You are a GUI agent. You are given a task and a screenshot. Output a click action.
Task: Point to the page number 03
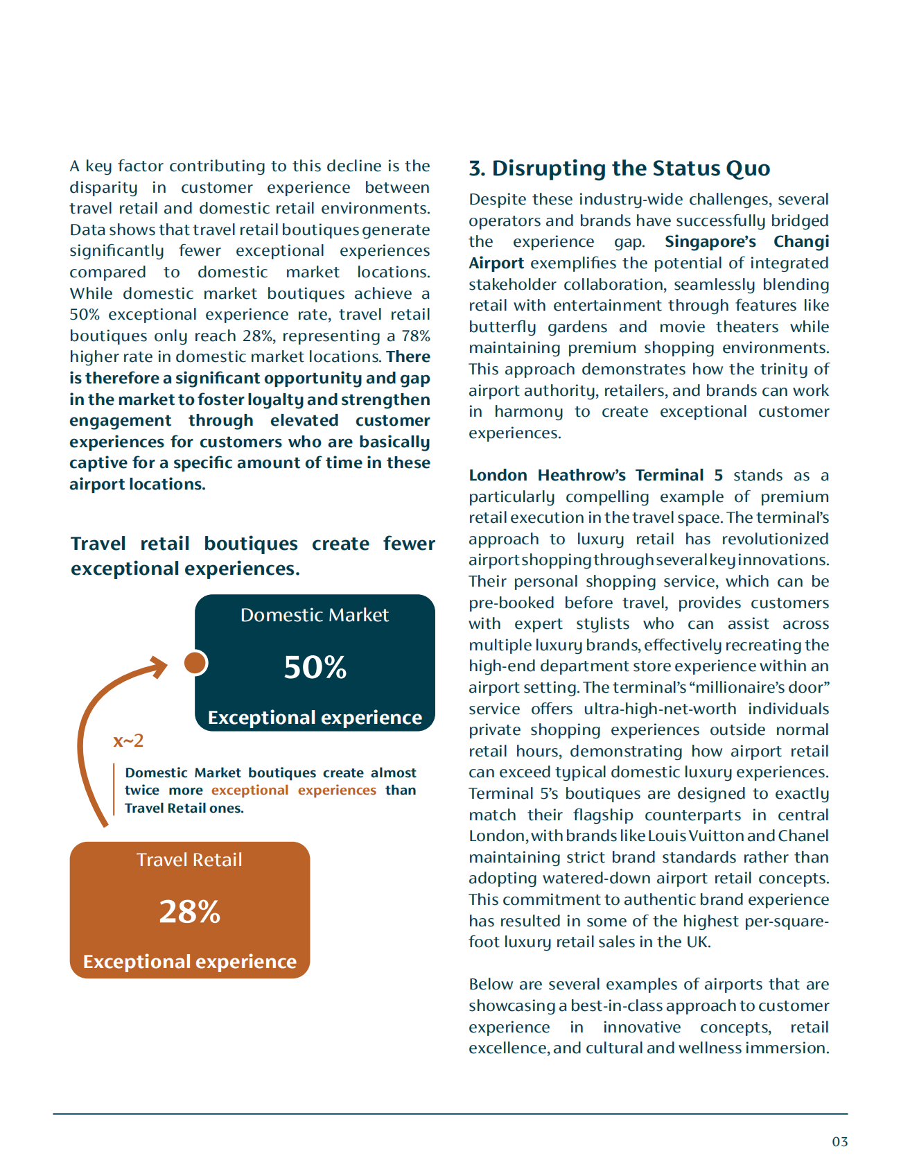pos(839,1141)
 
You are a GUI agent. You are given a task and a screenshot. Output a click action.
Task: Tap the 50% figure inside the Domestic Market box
pos(315,667)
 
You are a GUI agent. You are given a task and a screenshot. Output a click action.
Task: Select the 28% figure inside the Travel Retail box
pos(189,911)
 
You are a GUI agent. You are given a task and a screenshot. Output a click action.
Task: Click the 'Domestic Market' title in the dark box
pos(315,615)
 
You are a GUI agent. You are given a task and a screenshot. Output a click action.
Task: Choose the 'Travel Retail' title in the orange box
pos(189,860)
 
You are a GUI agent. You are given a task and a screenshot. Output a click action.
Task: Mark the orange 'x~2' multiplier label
pos(128,741)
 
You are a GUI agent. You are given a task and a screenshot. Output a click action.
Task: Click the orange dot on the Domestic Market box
pos(195,663)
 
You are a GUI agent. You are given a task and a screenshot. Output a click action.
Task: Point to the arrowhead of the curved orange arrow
pos(161,666)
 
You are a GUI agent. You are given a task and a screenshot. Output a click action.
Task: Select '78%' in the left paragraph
pos(416,336)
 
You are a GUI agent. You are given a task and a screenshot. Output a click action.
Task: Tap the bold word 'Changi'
pos(801,242)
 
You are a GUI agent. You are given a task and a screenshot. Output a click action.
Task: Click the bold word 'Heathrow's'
pos(581,476)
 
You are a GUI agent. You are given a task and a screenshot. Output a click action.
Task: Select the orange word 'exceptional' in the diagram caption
pos(250,790)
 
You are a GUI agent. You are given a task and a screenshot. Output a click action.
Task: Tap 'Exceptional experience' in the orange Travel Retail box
pos(189,962)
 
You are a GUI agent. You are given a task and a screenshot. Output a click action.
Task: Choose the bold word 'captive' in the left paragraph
pos(95,463)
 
